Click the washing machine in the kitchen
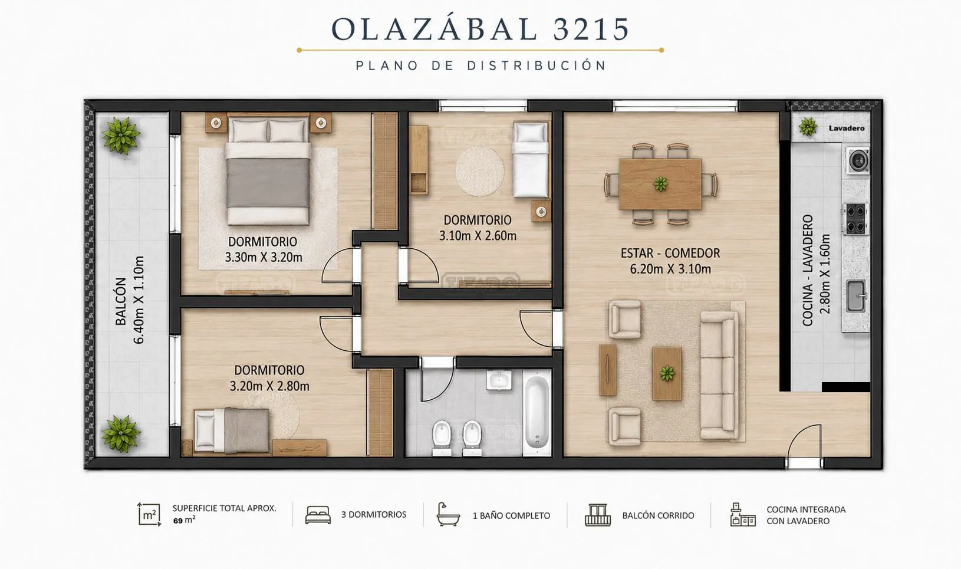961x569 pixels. point(858,160)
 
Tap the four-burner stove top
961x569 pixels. point(856,219)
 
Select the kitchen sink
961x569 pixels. point(856,296)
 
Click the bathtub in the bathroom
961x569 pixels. point(537,413)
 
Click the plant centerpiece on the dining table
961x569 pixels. point(661,184)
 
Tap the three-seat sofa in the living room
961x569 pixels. point(719,376)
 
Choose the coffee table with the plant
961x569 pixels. point(667,373)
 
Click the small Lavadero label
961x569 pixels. point(847,129)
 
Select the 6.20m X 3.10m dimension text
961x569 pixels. point(670,269)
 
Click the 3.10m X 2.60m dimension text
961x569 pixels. point(478,236)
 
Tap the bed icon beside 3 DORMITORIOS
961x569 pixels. point(318,515)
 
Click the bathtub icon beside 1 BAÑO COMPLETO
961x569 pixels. point(448,514)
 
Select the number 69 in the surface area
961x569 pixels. point(178,521)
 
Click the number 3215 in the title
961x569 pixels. point(591,29)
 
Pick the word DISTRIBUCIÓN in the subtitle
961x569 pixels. point(537,65)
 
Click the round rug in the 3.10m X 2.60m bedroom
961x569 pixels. point(480,171)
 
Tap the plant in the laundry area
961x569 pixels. point(808,127)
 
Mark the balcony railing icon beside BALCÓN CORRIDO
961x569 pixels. point(598,515)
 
